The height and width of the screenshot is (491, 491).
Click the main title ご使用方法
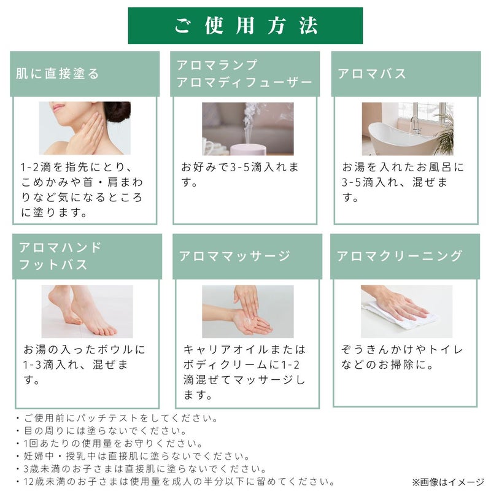[246, 25]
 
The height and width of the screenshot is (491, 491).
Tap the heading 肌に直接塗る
[58, 74]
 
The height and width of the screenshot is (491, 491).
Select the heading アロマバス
[372, 74]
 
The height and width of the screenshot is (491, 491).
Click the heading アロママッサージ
[234, 256]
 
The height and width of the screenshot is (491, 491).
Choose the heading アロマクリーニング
[400, 256]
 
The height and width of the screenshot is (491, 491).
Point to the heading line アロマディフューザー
[244, 83]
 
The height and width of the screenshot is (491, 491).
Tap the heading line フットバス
[53, 265]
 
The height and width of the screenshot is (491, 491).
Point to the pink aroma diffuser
[248, 149]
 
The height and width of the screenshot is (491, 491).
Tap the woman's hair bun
[118, 110]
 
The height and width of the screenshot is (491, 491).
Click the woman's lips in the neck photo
[57, 108]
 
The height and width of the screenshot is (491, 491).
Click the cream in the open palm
[249, 320]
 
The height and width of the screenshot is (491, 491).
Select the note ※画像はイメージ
[449, 482]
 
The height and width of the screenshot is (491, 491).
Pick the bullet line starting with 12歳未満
[176, 482]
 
